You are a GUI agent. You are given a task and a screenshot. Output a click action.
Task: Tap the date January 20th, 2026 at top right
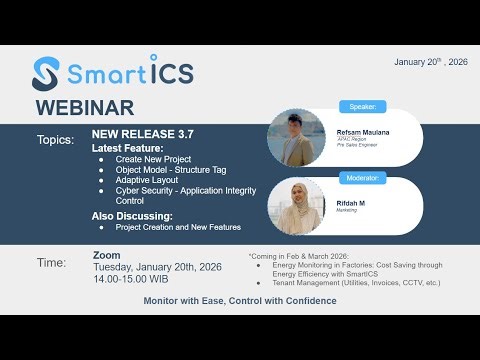point(431,61)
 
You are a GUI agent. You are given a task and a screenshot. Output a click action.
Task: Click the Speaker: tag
point(361,107)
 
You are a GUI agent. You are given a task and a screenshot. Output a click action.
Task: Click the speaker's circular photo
point(297,137)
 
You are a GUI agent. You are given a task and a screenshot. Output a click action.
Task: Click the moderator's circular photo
point(297,206)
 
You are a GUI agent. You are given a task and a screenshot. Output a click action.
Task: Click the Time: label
point(52,263)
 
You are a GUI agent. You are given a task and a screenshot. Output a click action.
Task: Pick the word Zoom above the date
point(106,256)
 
